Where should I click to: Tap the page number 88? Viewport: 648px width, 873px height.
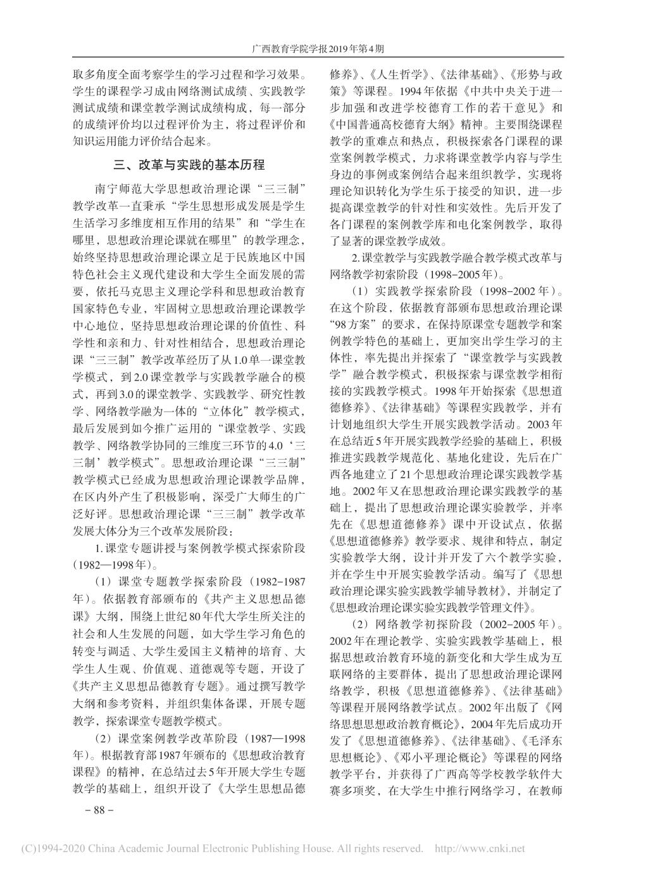(98, 810)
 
